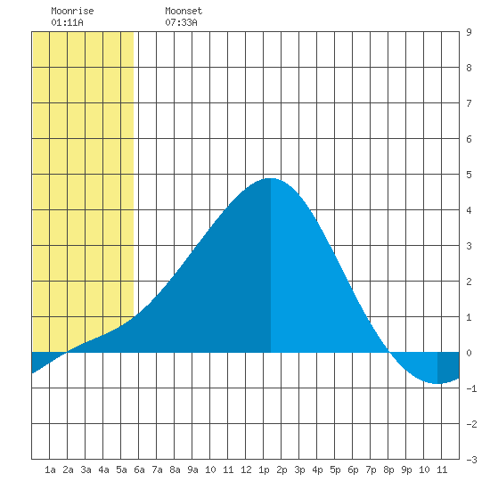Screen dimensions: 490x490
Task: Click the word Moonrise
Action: (x=72, y=11)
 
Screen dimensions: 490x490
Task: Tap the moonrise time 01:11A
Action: (x=67, y=22)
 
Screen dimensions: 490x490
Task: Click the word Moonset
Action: (x=184, y=11)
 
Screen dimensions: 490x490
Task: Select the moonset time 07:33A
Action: (x=181, y=22)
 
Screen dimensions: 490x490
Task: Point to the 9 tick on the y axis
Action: (x=469, y=32)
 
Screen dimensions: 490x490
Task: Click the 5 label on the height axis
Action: (x=469, y=175)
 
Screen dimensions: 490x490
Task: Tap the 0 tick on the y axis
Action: (x=469, y=353)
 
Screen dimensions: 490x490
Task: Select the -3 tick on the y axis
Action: (x=471, y=460)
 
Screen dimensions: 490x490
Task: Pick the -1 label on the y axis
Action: (x=471, y=388)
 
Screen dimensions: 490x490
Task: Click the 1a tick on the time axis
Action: (x=50, y=470)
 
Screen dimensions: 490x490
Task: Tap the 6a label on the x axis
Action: (x=139, y=470)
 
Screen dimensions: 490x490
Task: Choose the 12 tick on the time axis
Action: (x=246, y=470)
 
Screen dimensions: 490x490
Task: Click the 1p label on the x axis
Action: (x=264, y=470)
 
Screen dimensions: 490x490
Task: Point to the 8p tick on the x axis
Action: (x=388, y=470)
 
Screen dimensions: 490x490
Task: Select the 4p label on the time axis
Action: (x=317, y=470)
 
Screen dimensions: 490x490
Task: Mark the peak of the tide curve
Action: (x=271, y=178)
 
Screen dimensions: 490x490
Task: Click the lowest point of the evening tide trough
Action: (x=437, y=383)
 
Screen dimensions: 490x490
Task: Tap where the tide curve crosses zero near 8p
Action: (x=388, y=353)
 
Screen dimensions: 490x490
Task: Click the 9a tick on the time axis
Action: (x=192, y=470)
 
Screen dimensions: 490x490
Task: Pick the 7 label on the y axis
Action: (x=469, y=103)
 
